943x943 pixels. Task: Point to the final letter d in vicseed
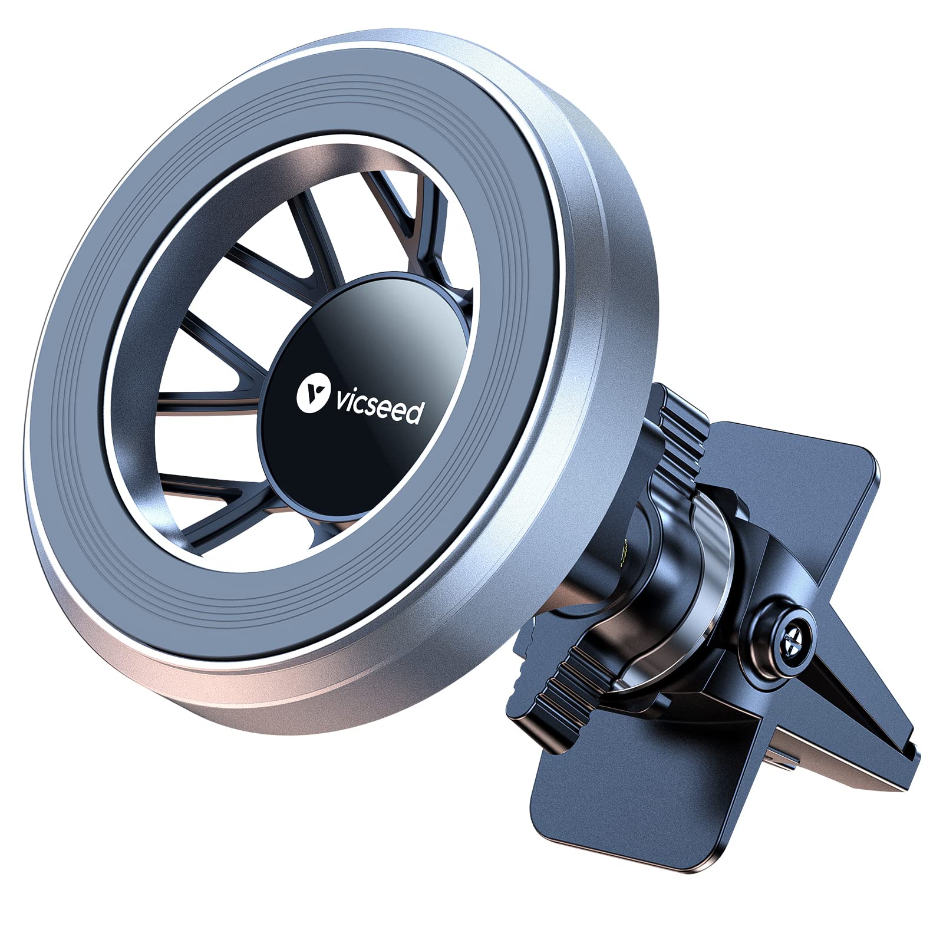(414, 413)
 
